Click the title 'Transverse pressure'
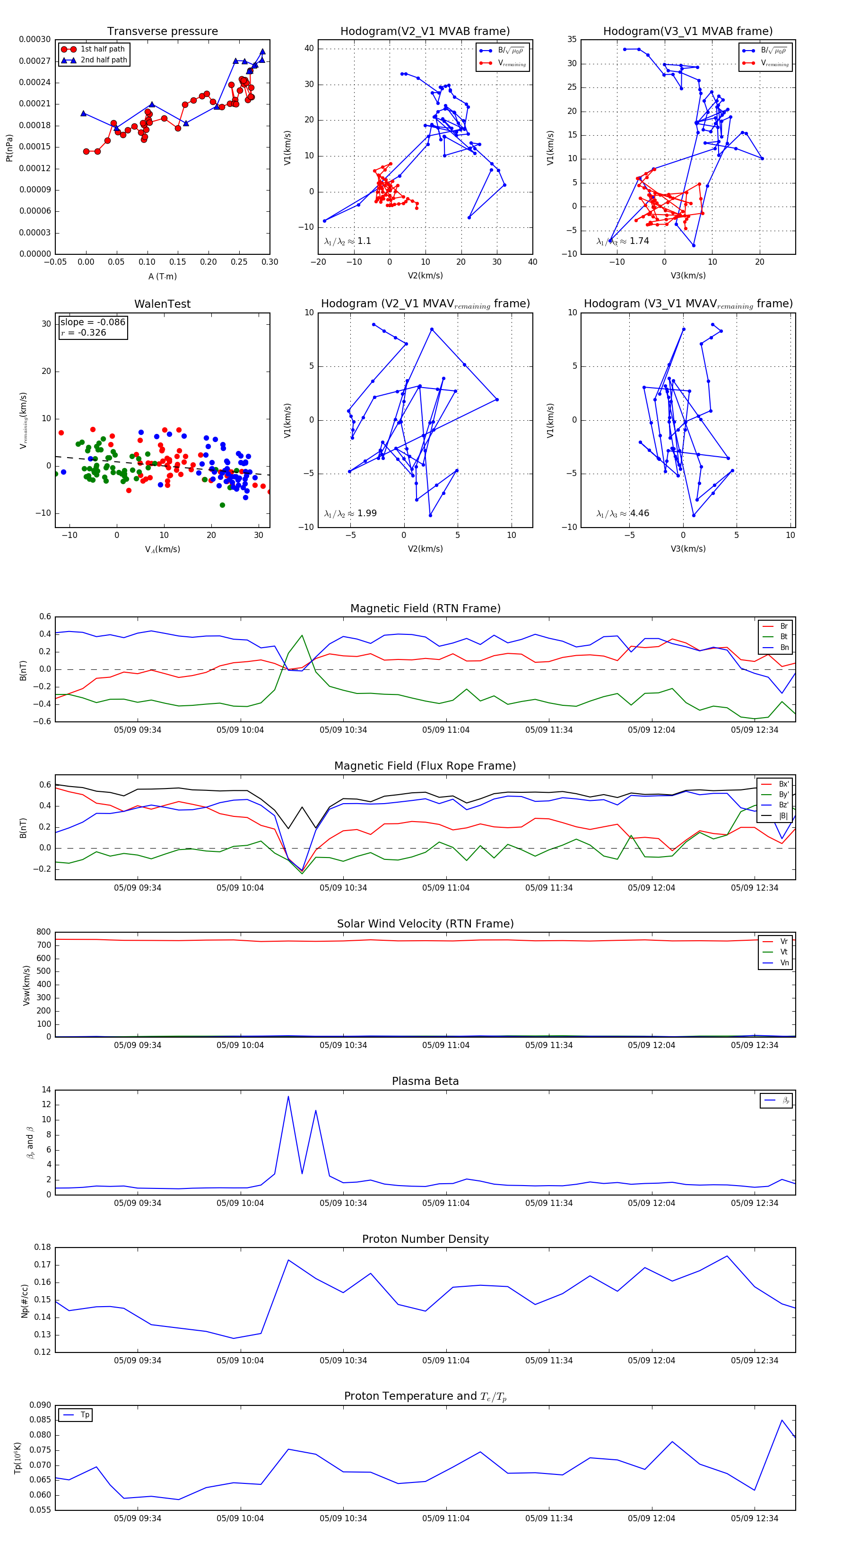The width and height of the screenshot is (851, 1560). (162, 32)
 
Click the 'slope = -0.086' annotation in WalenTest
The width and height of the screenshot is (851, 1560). (93, 322)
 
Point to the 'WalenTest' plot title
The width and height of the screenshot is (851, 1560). (162, 304)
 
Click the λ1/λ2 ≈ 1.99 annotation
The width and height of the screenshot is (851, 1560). (350, 513)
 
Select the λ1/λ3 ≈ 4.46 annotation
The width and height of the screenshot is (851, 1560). (623, 513)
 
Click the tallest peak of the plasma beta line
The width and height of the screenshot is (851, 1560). (288, 1097)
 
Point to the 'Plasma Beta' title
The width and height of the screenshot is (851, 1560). (425, 1082)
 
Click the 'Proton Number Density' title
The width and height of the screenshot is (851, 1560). (425, 1239)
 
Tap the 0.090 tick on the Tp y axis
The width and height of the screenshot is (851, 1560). (41, 1405)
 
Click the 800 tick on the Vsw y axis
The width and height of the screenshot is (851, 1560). (43, 932)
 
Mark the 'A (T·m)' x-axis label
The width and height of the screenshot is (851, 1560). (162, 277)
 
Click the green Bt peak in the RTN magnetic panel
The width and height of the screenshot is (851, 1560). (302, 635)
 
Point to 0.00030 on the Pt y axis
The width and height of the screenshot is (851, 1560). (35, 39)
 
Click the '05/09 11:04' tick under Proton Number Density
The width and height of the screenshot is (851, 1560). (446, 1361)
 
